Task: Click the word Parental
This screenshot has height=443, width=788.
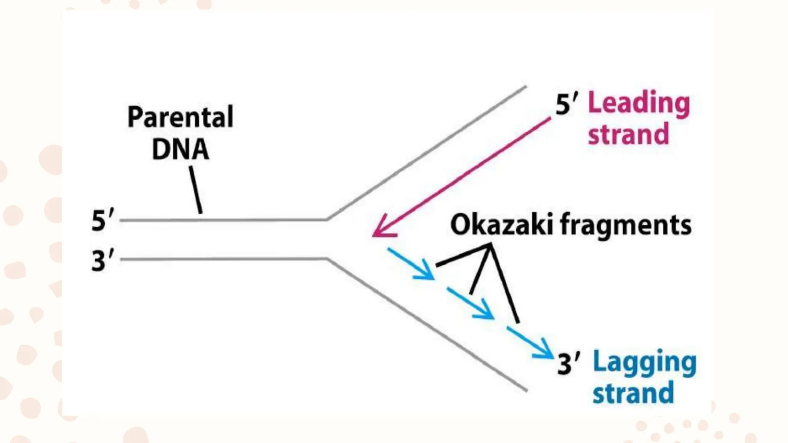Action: coord(180,117)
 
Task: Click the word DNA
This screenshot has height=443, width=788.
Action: coord(180,149)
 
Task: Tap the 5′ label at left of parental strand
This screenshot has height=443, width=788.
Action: coord(103,220)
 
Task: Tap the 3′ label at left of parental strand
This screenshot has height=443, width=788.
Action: coord(103,261)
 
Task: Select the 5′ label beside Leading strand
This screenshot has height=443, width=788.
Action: coord(566,104)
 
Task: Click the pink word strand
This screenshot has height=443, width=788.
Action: coord(629,134)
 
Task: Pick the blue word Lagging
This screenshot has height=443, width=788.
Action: coord(644,362)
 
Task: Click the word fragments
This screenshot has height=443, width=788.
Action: coord(626,225)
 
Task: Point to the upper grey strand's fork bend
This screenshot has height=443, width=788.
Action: coord(327,219)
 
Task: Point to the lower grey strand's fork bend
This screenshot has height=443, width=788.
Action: coord(327,259)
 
